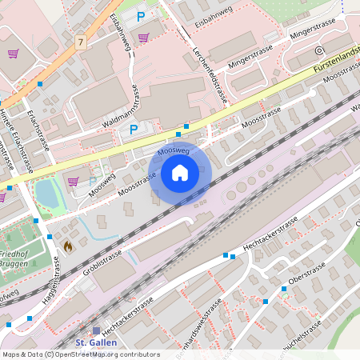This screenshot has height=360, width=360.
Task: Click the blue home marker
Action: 180,172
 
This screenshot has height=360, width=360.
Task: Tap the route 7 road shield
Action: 81,39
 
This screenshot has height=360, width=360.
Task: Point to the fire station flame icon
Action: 67,246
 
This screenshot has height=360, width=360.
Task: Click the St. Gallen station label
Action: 90,342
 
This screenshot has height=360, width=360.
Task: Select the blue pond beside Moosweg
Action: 46,193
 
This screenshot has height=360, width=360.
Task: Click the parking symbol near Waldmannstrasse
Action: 134,130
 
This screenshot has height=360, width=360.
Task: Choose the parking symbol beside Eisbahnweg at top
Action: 142,16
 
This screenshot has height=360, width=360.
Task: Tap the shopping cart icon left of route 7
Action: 14,54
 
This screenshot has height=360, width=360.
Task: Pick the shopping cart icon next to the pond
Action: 73,181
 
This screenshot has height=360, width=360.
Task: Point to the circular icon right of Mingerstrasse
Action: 319,50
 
